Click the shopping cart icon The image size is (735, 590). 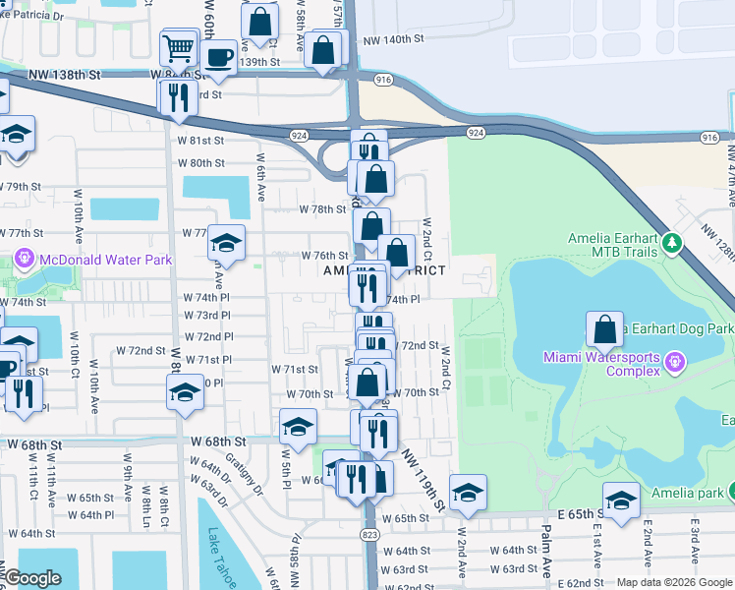point(179,47)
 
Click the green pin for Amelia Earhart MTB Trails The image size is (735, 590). point(672,242)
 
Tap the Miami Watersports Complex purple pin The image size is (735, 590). point(674,363)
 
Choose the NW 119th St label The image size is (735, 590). point(423,482)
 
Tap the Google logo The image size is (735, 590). point(33,579)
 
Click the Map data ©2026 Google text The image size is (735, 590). point(674,582)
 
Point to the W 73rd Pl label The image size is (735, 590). point(207,315)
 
